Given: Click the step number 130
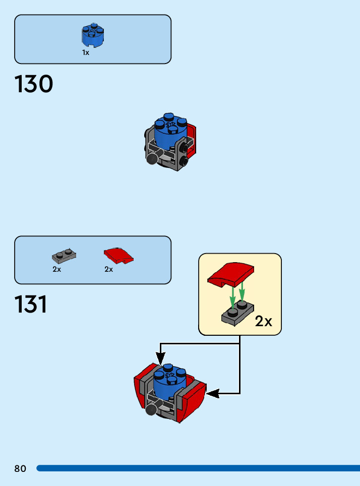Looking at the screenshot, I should pyautogui.click(x=34, y=84).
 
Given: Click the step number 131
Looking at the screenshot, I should pyautogui.click(x=31, y=305).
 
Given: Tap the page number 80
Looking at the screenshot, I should pyautogui.click(x=20, y=469).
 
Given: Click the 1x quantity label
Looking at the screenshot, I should pyautogui.click(x=86, y=52).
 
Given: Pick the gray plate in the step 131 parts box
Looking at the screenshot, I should pyautogui.click(x=64, y=256).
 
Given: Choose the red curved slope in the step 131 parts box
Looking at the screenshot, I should pyautogui.click(x=118, y=255).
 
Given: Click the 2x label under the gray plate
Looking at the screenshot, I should pyautogui.click(x=56, y=269).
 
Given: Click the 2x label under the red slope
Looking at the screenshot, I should pyautogui.click(x=109, y=269).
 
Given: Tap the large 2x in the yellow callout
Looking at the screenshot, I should pyautogui.click(x=263, y=321).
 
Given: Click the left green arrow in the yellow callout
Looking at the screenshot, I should pyautogui.click(x=232, y=297).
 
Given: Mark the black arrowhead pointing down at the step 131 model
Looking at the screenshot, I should pyautogui.click(x=160, y=359).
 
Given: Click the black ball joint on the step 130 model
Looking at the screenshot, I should pyautogui.click(x=151, y=159).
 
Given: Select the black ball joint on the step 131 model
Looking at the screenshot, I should pyautogui.click(x=151, y=410).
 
